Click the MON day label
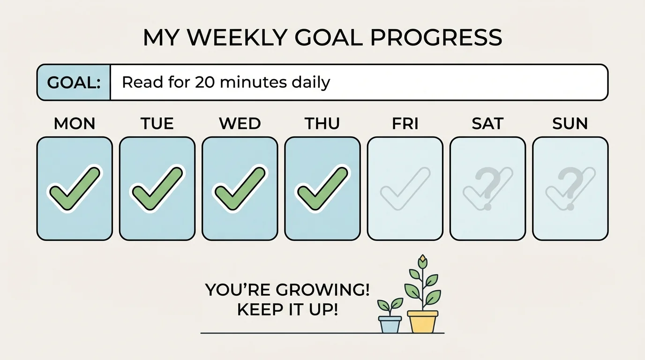pos(75,124)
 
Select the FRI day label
pos(405,124)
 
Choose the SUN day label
pos(570,124)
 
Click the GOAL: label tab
pos(74,83)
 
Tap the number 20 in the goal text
pos(205,82)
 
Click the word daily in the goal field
pos(310,83)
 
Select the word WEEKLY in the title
pos(233,37)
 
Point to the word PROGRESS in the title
pos(436,37)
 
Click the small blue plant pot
pos(390,324)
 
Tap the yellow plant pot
pos(422,321)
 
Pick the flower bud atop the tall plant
pos(423,260)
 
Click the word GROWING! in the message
pos(322,290)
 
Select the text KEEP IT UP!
pos(287,310)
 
